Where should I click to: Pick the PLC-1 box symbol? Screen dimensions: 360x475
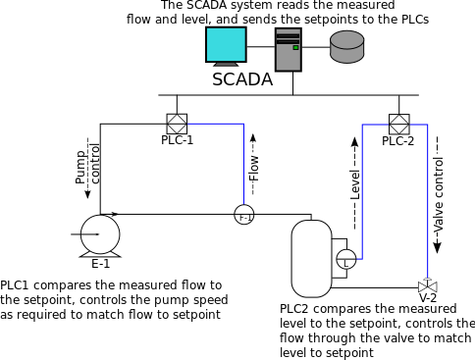pyautogui.click(x=177, y=125)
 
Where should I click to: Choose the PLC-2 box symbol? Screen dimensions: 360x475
pyautogui.click(x=398, y=125)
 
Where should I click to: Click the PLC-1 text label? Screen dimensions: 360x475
pyautogui.click(x=177, y=141)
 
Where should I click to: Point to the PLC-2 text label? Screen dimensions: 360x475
pyautogui.click(x=397, y=141)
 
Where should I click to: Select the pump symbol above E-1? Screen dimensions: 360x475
pyautogui.click(x=99, y=232)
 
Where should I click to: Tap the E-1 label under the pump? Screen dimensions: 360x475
pyautogui.click(x=100, y=263)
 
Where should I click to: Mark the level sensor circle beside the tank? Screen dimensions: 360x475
pyautogui.click(x=345, y=260)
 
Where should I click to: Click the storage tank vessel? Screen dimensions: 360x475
pyautogui.click(x=312, y=258)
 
